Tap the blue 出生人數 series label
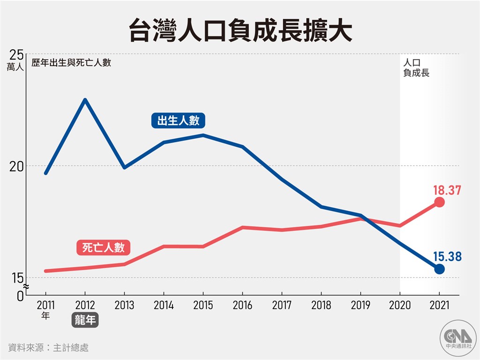point(178,121)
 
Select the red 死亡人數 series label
point(103,247)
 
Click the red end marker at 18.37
point(439,202)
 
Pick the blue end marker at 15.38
point(439,269)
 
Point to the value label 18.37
point(447,190)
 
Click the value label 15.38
point(447,256)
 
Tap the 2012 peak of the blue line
point(85,99)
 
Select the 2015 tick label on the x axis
point(202,305)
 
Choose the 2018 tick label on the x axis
point(321,305)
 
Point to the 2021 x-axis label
point(439,305)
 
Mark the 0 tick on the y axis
point(20,295)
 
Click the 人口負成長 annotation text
point(416,67)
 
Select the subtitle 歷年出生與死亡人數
point(71,62)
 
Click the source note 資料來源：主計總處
point(48,347)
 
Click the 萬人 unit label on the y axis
point(15,67)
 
